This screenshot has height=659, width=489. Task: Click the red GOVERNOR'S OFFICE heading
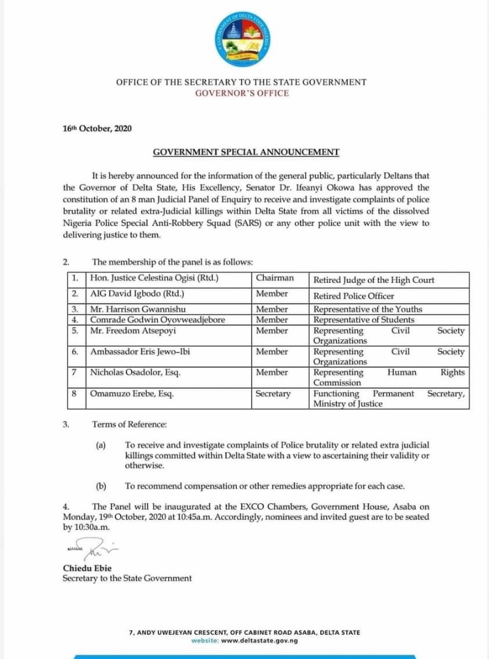click(x=241, y=93)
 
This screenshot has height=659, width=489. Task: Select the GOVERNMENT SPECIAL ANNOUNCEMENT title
click(x=246, y=153)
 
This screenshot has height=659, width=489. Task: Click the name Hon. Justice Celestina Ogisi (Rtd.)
click(x=153, y=279)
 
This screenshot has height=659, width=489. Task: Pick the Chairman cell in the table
click(x=274, y=278)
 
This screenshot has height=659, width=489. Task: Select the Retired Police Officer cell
click(x=353, y=296)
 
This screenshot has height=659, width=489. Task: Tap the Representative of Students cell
click(x=364, y=319)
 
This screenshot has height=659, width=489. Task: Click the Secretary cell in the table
click(x=273, y=394)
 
